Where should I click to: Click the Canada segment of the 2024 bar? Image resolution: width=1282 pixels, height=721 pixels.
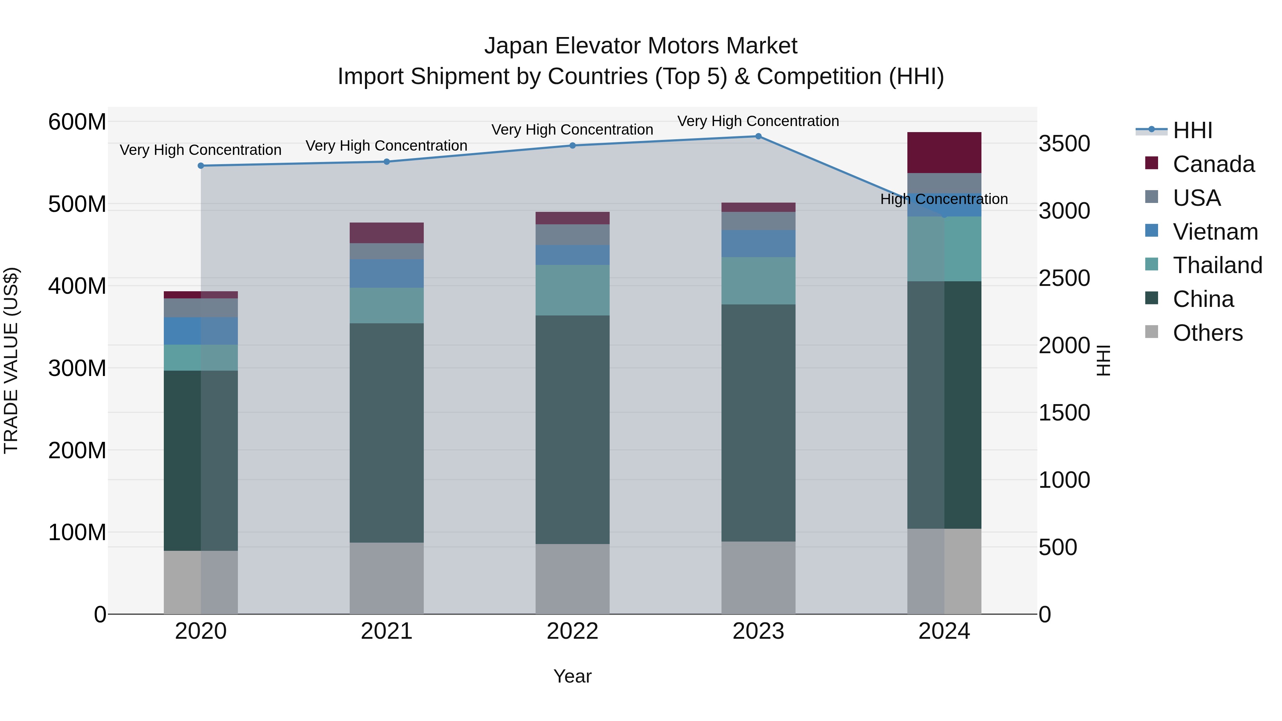pyautogui.click(x=944, y=152)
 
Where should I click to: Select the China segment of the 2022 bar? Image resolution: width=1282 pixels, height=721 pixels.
pyautogui.click(x=572, y=429)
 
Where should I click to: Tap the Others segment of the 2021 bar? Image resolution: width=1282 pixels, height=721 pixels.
pyautogui.click(x=387, y=578)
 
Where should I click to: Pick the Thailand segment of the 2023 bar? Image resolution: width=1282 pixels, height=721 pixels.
pyautogui.click(x=759, y=281)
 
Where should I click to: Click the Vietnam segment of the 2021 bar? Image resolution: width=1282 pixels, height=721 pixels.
pyautogui.click(x=387, y=273)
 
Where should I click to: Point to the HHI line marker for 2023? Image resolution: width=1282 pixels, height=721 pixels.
pyautogui.click(x=759, y=136)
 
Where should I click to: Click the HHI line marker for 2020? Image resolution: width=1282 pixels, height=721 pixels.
pyautogui.click(x=201, y=166)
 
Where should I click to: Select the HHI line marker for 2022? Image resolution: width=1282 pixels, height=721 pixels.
pyautogui.click(x=572, y=145)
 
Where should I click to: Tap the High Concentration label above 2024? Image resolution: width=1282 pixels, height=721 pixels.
pyautogui.click(x=944, y=199)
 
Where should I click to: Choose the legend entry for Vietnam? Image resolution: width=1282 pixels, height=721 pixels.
pyautogui.click(x=1215, y=232)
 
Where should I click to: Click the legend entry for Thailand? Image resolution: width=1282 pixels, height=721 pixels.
pyautogui.click(x=1217, y=265)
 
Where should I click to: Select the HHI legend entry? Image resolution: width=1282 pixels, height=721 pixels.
pyautogui.click(x=1192, y=130)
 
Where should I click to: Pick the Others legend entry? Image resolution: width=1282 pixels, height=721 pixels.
pyautogui.click(x=1207, y=333)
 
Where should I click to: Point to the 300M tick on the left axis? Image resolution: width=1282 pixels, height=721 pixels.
pyautogui.click(x=77, y=368)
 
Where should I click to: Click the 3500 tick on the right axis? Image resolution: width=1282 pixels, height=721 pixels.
pyautogui.click(x=1064, y=144)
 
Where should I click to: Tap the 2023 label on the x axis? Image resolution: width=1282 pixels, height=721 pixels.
pyautogui.click(x=759, y=631)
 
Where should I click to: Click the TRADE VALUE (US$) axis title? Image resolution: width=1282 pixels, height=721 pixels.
pyautogui.click(x=11, y=360)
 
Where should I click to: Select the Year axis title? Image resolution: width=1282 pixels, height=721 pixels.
pyautogui.click(x=572, y=676)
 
